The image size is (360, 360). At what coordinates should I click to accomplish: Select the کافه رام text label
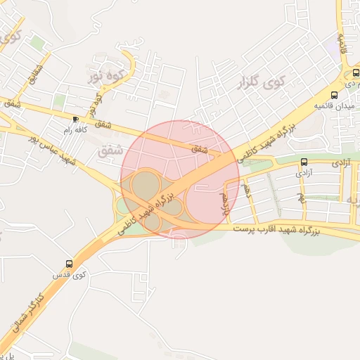click(x=76, y=130)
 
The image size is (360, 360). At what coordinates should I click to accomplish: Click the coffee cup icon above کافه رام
click(x=76, y=119)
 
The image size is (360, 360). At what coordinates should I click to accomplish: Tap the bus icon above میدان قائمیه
click(x=335, y=95)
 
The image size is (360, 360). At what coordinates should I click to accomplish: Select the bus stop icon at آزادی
click(x=304, y=161)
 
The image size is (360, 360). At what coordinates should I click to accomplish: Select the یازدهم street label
click(x=226, y=200)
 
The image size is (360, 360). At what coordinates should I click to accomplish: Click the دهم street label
click(x=246, y=189)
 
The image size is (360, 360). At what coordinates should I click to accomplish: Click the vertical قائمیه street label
click(x=344, y=42)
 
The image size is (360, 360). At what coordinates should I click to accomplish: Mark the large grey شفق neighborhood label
click(x=112, y=150)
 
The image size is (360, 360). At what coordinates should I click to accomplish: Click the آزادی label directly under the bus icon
click(x=304, y=172)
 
